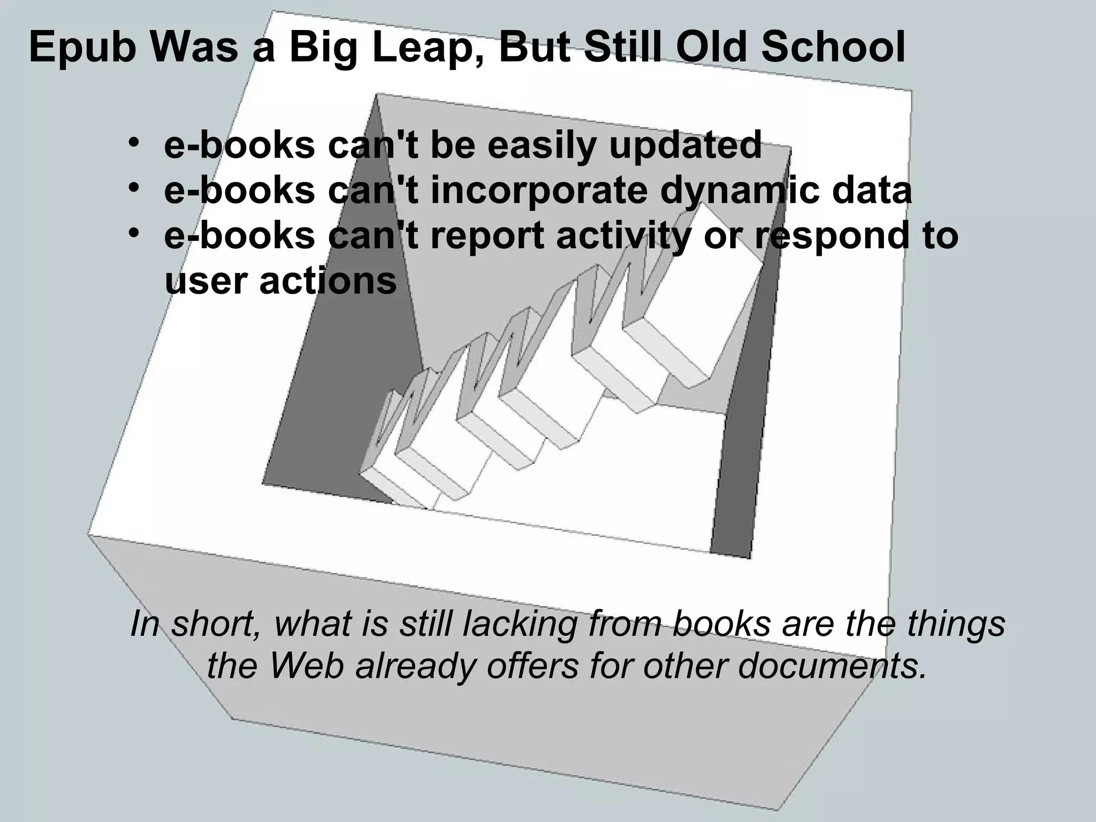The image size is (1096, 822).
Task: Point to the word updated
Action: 685,146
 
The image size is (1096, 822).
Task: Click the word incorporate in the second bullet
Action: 539,191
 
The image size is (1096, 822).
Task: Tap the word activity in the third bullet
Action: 623,236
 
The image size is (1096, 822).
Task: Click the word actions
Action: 328,280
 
